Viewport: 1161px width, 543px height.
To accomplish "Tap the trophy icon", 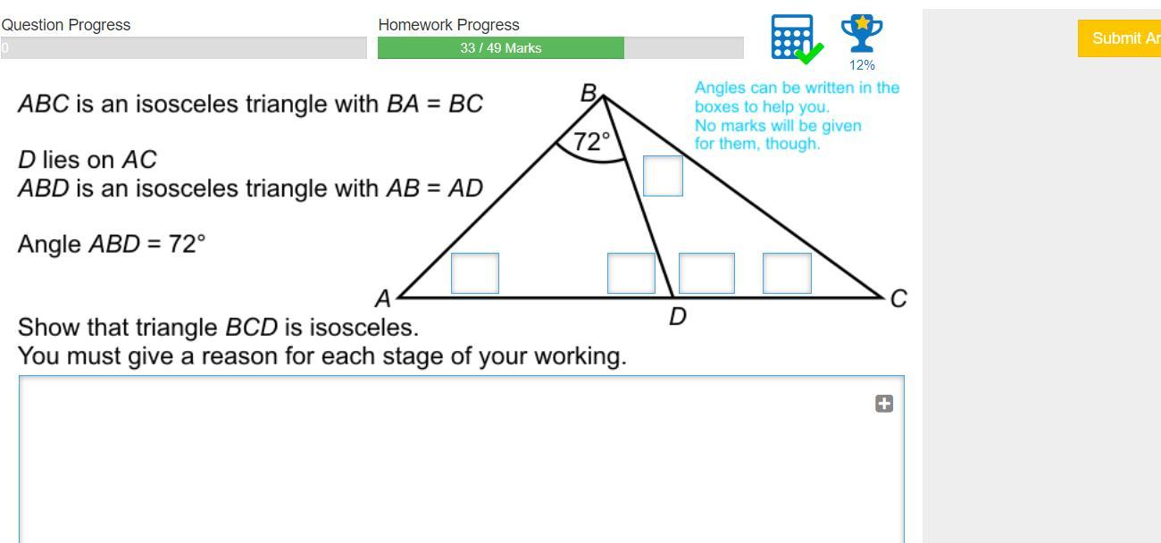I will (x=862, y=34).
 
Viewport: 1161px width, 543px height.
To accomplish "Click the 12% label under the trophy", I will (x=862, y=65).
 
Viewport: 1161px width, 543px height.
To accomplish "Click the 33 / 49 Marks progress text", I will (x=501, y=48).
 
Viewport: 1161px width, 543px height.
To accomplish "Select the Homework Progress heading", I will (x=448, y=25).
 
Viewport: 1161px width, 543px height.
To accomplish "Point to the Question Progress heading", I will (x=66, y=25).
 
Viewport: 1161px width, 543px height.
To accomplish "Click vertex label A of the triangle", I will (x=383, y=298).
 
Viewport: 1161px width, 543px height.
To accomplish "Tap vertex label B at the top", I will (x=589, y=92).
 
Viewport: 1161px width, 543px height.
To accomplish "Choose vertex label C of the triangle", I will (x=898, y=298).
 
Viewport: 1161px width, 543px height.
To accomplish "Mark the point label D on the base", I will (x=678, y=316).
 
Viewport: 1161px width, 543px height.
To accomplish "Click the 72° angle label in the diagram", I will (x=592, y=141).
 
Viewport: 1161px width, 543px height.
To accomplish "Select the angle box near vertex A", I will (x=475, y=273).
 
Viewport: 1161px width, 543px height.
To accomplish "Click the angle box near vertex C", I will (x=787, y=273).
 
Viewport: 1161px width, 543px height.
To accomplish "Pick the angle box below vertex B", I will (x=663, y=176).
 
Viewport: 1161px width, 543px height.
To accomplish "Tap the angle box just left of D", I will (x=631, y=273).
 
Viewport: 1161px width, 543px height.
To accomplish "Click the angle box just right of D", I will (x=706, y=273).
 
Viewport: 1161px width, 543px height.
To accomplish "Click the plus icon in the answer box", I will (x=884, y=404).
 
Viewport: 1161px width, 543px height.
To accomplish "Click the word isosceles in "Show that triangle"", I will (x=363, y=327).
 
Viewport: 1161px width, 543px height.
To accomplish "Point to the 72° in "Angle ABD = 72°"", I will (x=188, y=244).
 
